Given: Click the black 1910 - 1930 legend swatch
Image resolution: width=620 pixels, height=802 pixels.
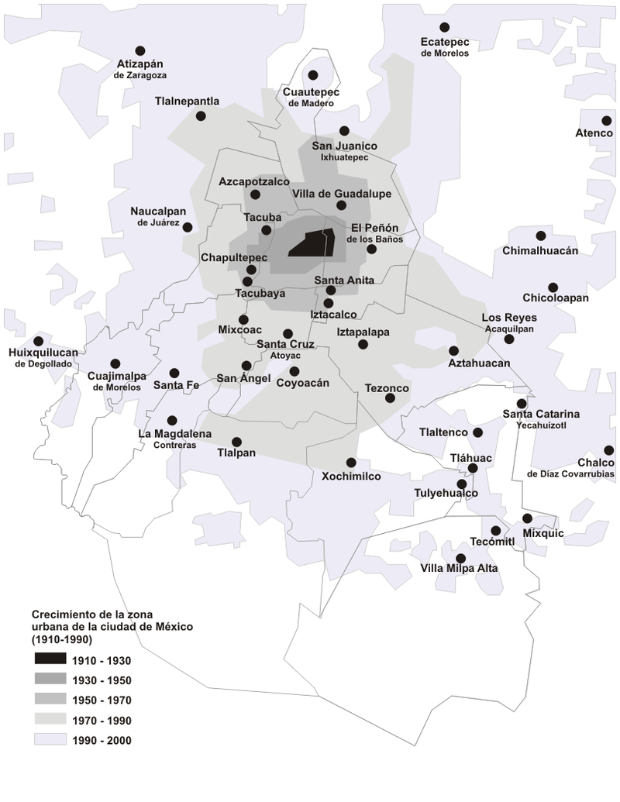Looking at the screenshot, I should (x=49, y=660).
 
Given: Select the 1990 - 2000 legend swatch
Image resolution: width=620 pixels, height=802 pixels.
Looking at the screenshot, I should (x=49, y=740).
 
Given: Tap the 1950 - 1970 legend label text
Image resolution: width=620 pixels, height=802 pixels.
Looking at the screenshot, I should (x=101, y=700).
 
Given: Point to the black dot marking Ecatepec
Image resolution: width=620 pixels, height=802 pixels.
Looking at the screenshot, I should (x=444, y=27).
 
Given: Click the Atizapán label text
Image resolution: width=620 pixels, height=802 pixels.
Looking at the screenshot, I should (x=140, y=64).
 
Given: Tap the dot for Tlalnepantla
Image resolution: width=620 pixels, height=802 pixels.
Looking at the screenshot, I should (x=201, y=116).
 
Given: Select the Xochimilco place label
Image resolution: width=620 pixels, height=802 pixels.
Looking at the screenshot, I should (x=351, y=477).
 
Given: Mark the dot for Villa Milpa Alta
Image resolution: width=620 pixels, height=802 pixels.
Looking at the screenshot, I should (x=461, y=558).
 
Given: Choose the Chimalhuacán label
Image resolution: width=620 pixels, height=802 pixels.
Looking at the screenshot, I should (x=540, y=251).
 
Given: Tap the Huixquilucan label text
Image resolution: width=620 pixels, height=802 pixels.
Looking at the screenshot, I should (x=43, y=353).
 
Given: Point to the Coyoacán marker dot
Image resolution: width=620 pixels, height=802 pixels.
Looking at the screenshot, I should (x=294, y=370).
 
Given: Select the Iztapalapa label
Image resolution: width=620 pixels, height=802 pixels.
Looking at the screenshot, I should (x=363, y=332).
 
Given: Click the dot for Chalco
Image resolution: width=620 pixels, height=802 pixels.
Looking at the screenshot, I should (x=609, y=450).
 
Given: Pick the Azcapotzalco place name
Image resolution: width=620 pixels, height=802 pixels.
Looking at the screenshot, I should (x=253, y=181).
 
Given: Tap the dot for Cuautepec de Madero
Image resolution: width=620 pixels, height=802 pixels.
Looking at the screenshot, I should (x=313, y=75).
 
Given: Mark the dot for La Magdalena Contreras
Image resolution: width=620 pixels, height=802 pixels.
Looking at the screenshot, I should (x=172, y=421).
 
